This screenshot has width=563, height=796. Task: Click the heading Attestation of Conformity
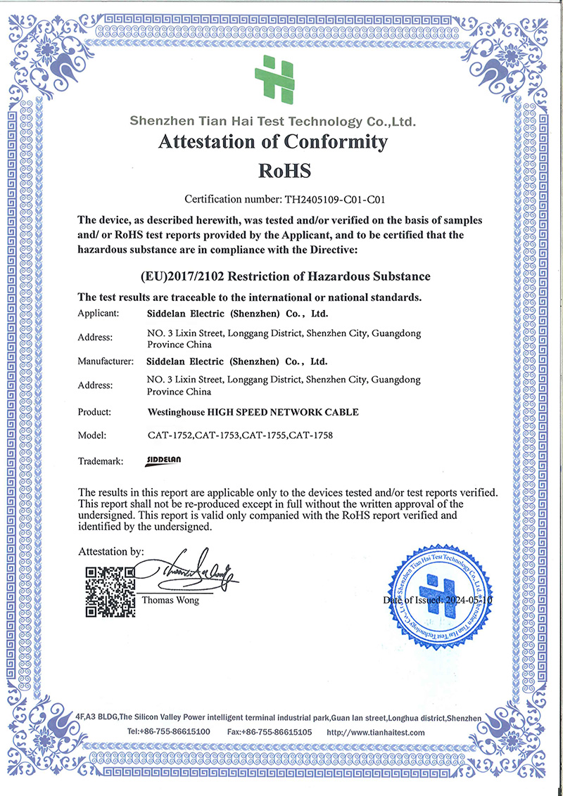tap(273, 142)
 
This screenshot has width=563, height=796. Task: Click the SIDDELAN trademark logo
tap(164, 461)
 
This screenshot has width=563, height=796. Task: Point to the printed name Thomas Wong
tap(170, 601)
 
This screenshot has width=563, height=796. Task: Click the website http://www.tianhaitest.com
tap(377, 732)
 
